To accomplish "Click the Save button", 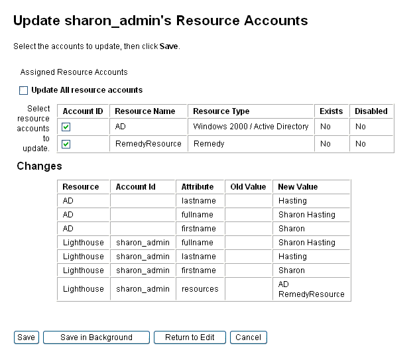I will (x=26, y=337).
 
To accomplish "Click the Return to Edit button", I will (x=190, y=337).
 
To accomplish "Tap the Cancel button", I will (x=248, y=337).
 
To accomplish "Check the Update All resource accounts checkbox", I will (x=24, y=90).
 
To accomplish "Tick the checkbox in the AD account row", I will (x=66, y=127).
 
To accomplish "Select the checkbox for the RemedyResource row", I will (x=66, y=144).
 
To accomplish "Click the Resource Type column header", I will (x=221, y=111).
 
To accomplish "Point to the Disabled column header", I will (x=371, y=111).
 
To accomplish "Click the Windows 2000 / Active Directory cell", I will (x=251, y=127).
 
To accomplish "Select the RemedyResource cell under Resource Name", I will (x=148, y=144).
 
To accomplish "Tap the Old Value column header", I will (x=248, y=187).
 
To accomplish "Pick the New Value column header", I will (x=298, y=187).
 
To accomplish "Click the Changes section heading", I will (x=39, y=166).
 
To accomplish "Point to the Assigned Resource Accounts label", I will (x=74, y=72).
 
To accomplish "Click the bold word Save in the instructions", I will (x=169, y=46).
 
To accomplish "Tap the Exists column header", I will (x=331, y=111).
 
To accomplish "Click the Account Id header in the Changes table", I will (x=135, y=187).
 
